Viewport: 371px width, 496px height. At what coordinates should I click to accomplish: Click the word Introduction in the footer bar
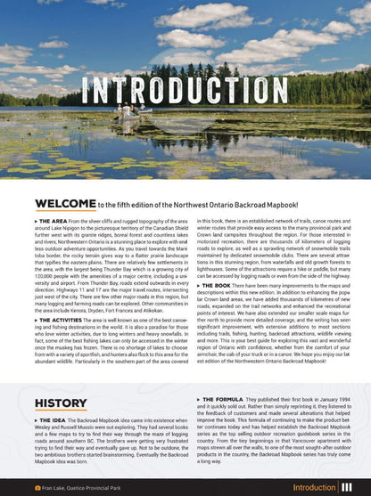click(314, 488)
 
